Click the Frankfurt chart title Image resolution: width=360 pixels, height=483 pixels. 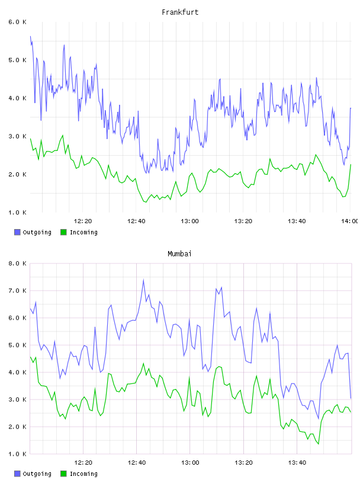180,12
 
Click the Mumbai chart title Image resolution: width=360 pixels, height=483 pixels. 179,253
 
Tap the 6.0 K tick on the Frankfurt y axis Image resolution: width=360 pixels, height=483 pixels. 18,22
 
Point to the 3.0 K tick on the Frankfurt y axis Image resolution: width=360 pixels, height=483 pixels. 18,136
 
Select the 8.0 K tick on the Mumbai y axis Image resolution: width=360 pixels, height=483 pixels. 18,263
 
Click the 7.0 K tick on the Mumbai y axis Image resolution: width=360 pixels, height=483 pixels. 18,291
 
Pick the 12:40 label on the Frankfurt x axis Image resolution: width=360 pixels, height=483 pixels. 136,221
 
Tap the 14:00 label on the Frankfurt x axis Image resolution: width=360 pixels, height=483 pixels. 351,221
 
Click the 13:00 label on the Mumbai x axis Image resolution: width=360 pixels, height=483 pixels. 190,462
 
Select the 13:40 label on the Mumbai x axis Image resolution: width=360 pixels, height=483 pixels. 297,462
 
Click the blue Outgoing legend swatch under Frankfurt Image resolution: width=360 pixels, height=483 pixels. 17,232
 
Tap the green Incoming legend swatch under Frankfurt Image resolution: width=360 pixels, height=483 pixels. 63,232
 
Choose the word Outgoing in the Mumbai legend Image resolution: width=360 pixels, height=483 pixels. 37,474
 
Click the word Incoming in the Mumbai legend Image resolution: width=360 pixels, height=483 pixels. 83,474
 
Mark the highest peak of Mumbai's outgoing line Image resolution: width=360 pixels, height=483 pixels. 143,280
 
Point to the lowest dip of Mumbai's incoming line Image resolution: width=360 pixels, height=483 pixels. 319,444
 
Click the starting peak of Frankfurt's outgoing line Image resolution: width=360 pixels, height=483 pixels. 30,36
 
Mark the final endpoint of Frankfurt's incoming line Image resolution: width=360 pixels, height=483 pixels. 351,165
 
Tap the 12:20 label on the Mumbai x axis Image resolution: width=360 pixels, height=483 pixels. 83,462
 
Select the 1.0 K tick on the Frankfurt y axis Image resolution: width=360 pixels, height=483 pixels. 18,212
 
